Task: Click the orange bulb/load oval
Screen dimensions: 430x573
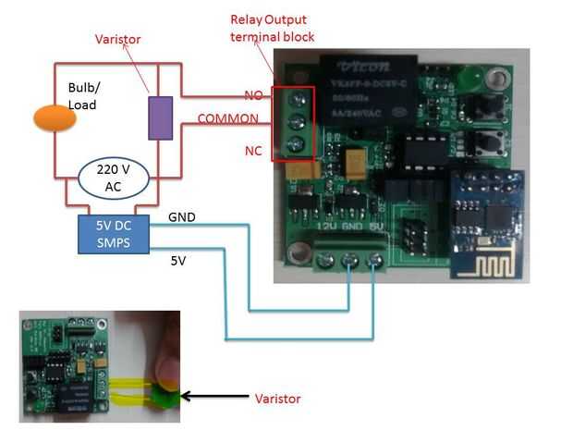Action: (55, 117)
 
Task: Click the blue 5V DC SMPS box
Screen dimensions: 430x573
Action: (116, 235)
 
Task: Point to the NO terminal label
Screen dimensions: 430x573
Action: (253, 95)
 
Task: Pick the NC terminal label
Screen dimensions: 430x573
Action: (253, 150)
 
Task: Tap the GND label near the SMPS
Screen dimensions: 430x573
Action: (182, 217)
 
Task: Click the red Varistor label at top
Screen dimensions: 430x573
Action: (119, 40)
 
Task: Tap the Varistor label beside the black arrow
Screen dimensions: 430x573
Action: (277, 399)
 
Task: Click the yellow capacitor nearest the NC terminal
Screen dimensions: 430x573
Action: (304, 172)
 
